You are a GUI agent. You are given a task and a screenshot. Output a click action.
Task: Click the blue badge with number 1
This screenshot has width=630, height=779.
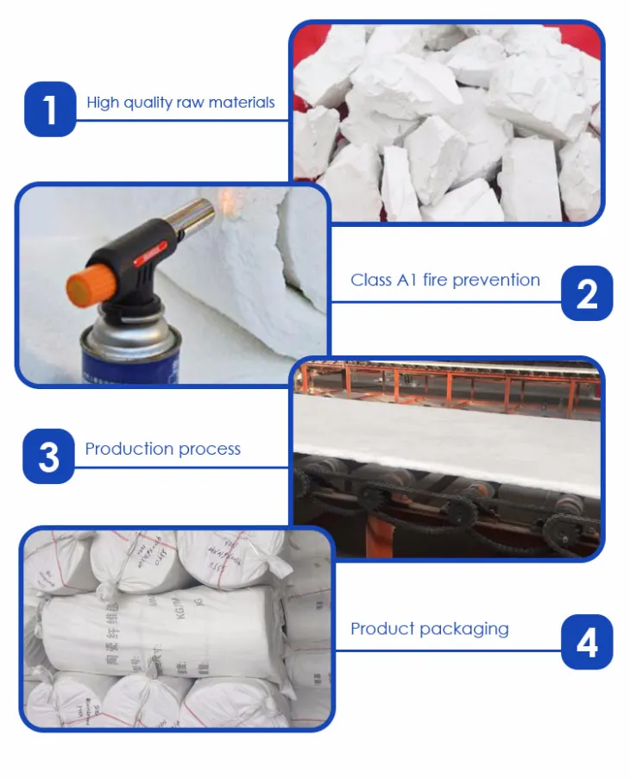50,109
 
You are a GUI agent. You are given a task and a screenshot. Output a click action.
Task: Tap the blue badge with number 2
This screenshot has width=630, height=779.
587,293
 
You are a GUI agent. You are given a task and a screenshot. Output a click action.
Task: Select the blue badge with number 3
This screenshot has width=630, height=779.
48,456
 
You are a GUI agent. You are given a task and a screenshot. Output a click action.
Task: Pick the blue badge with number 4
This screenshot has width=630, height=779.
587,643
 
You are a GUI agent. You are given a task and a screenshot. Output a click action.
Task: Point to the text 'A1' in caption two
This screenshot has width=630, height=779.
406,280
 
